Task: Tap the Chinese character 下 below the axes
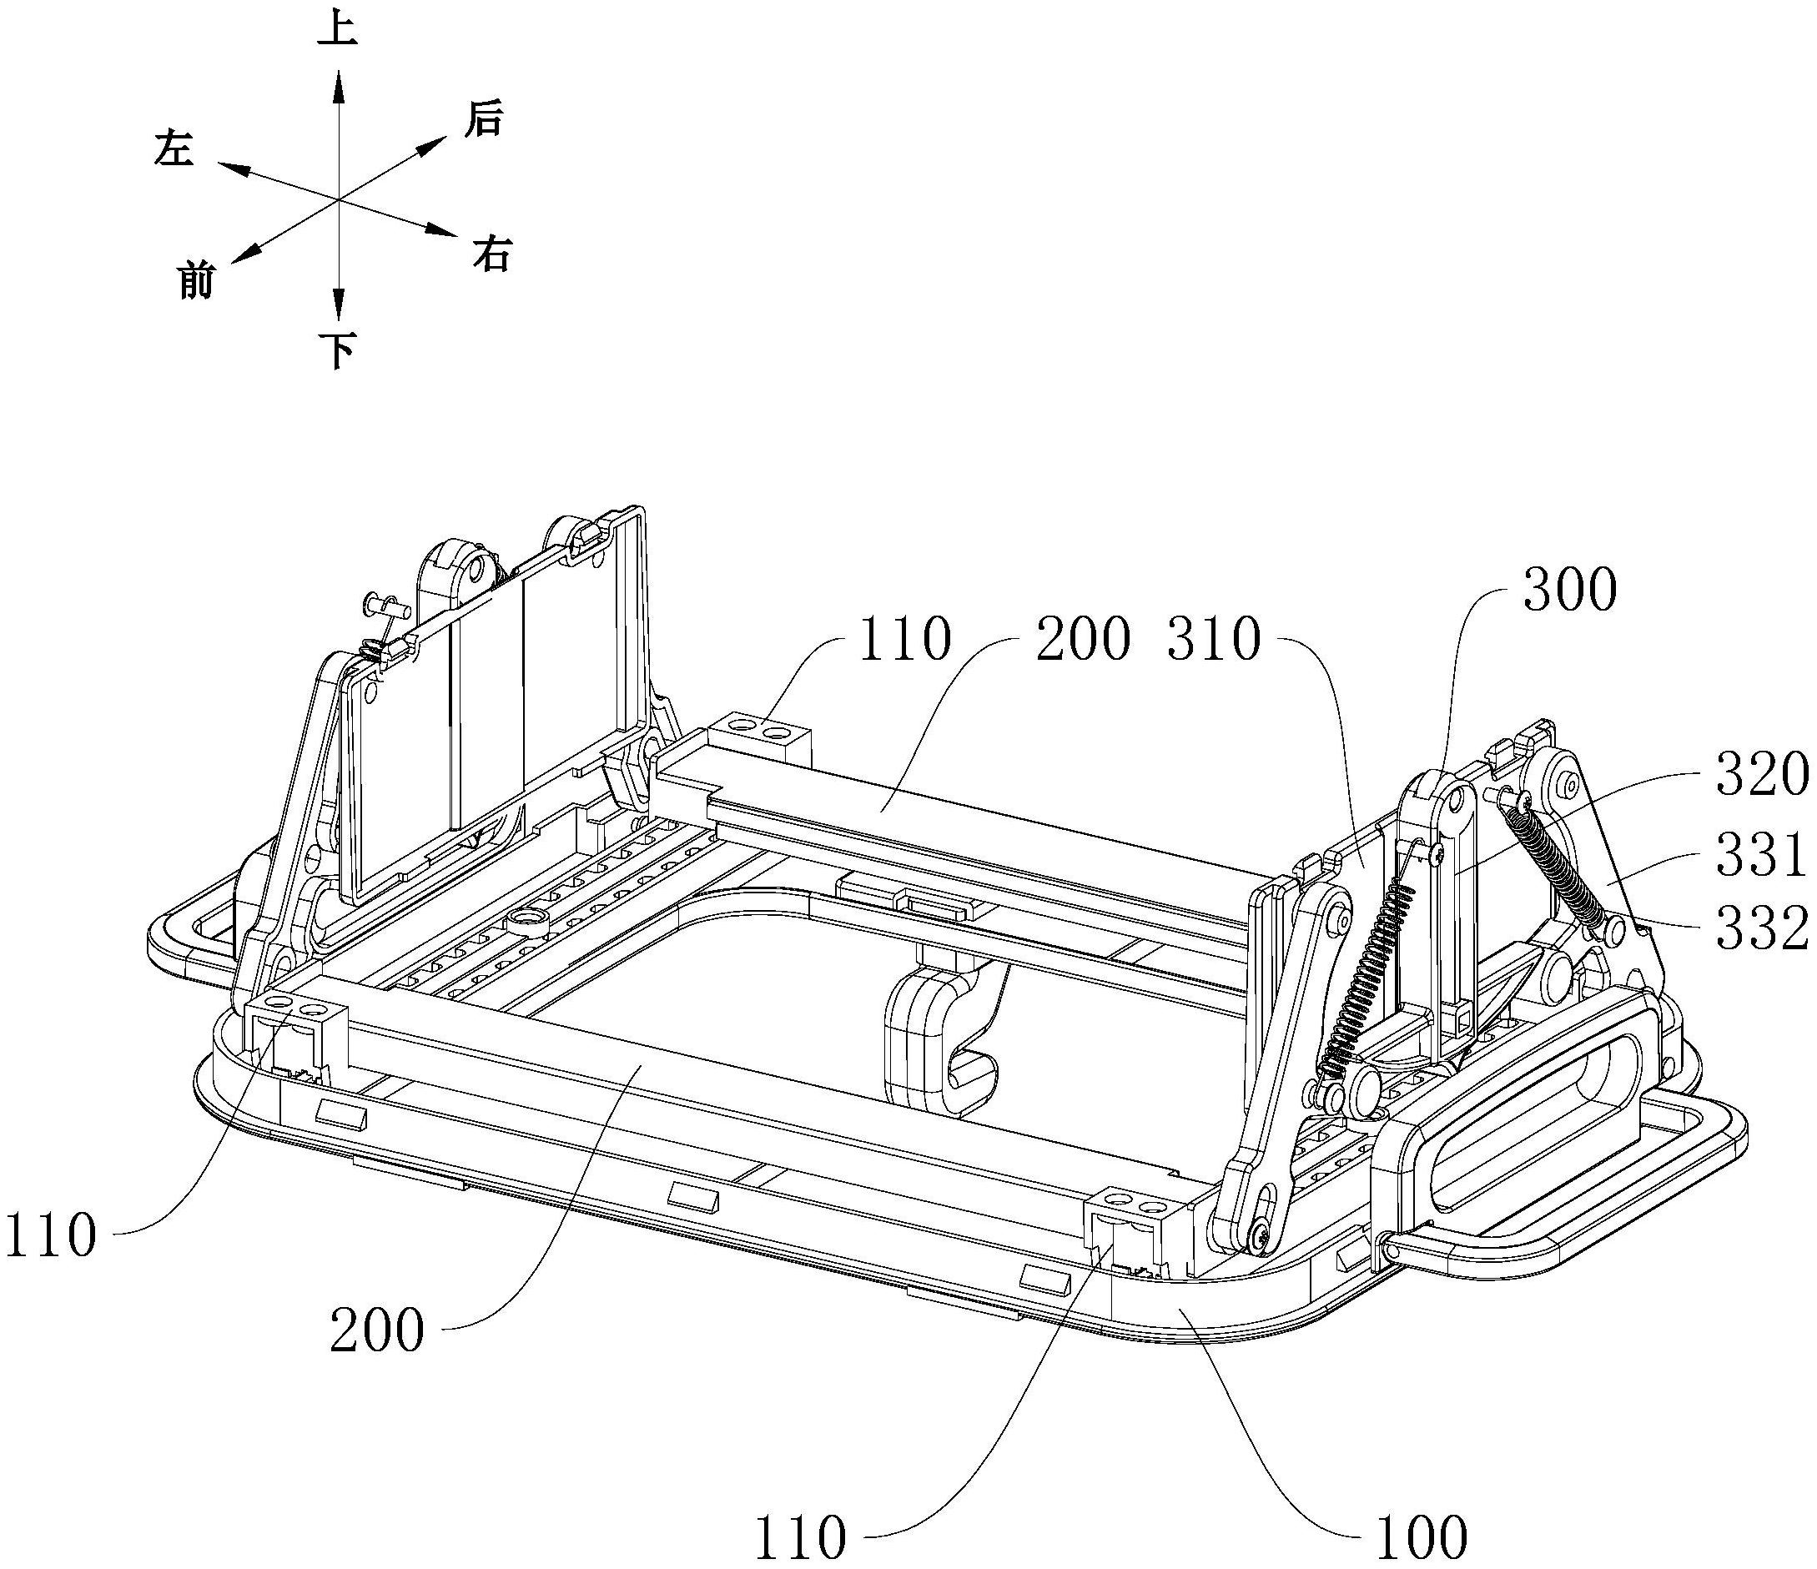[x=339, y=354]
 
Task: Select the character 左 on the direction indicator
[x=173, y=149]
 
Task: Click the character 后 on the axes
[x=484, y=120]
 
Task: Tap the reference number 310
[x=1214, y=641]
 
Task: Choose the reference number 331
[x=1762, y=855]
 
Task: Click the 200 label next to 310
[x=1082, y=641]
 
